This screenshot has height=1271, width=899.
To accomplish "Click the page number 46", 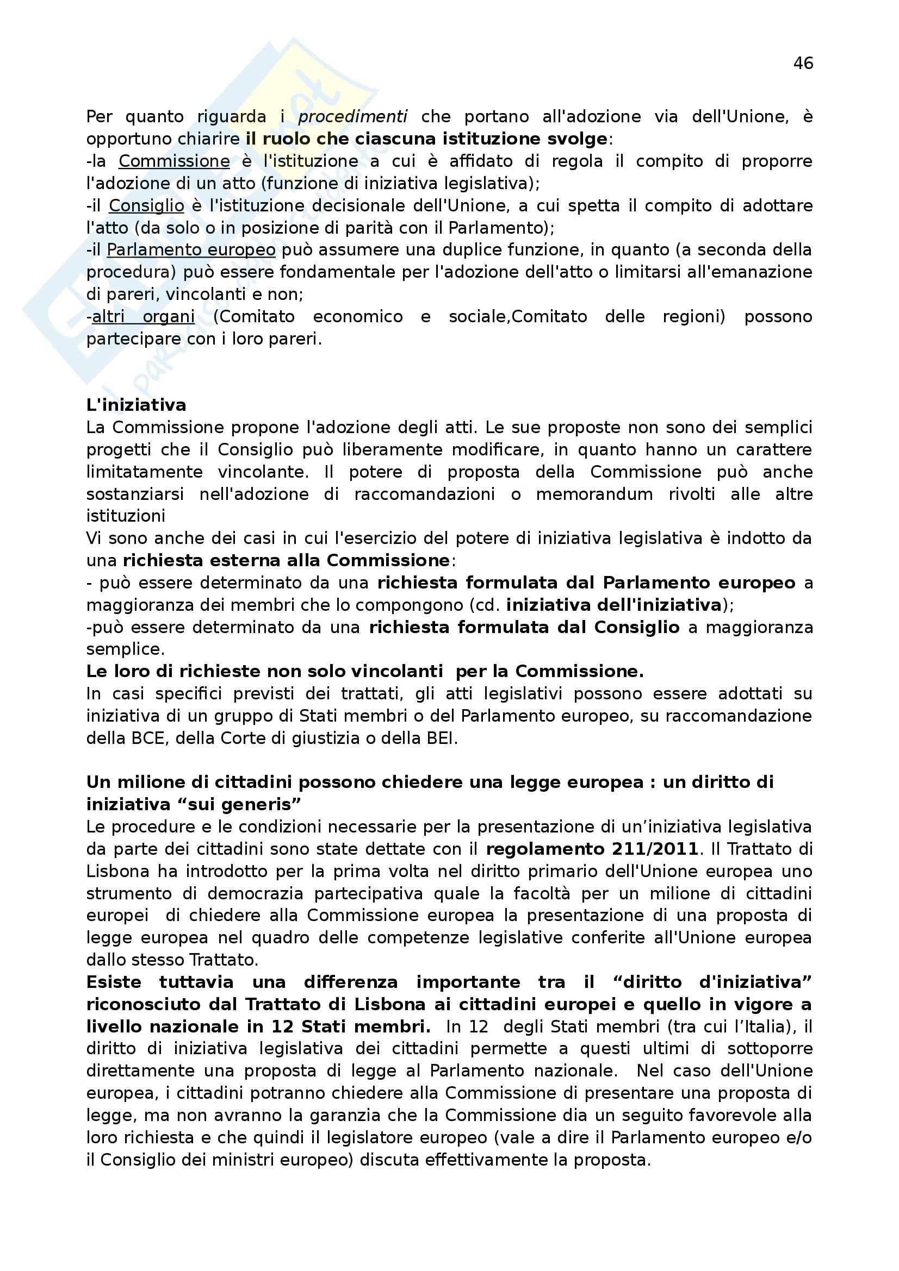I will click(803, 64).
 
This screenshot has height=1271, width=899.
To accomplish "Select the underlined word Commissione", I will click(174, 161).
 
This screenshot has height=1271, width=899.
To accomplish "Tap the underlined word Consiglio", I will click(146, 205).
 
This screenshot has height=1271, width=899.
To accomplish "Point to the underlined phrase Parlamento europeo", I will click(191, 249).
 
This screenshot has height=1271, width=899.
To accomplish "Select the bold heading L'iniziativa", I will click(137, 405).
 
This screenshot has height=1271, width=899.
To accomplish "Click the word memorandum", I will click(594, 494).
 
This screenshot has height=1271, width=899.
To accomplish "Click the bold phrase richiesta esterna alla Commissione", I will click(286, 560).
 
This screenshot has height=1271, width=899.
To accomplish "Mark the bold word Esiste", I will click(114, 982).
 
